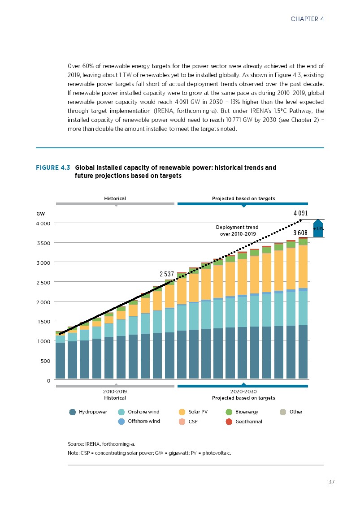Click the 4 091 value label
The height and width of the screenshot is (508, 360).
301,214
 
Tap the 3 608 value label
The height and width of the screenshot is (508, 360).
300,233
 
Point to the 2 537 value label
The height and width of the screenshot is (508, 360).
167,273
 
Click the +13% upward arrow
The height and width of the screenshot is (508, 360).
318,228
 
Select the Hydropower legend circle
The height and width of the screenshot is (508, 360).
73,412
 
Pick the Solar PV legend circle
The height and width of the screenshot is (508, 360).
182,412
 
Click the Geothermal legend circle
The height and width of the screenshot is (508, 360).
229,422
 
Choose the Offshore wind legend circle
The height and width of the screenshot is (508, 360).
121,422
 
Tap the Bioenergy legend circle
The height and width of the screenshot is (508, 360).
229,412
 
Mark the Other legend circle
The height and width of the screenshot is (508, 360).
283,412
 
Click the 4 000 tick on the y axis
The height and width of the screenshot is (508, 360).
43,223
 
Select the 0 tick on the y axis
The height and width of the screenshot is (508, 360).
48,381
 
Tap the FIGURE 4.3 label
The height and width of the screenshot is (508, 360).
53,168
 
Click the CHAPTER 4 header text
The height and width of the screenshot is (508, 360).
307,19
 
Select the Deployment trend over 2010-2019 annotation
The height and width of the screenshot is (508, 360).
238,231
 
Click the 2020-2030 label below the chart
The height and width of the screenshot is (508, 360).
243,392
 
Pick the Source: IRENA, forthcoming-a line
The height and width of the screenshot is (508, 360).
101,444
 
